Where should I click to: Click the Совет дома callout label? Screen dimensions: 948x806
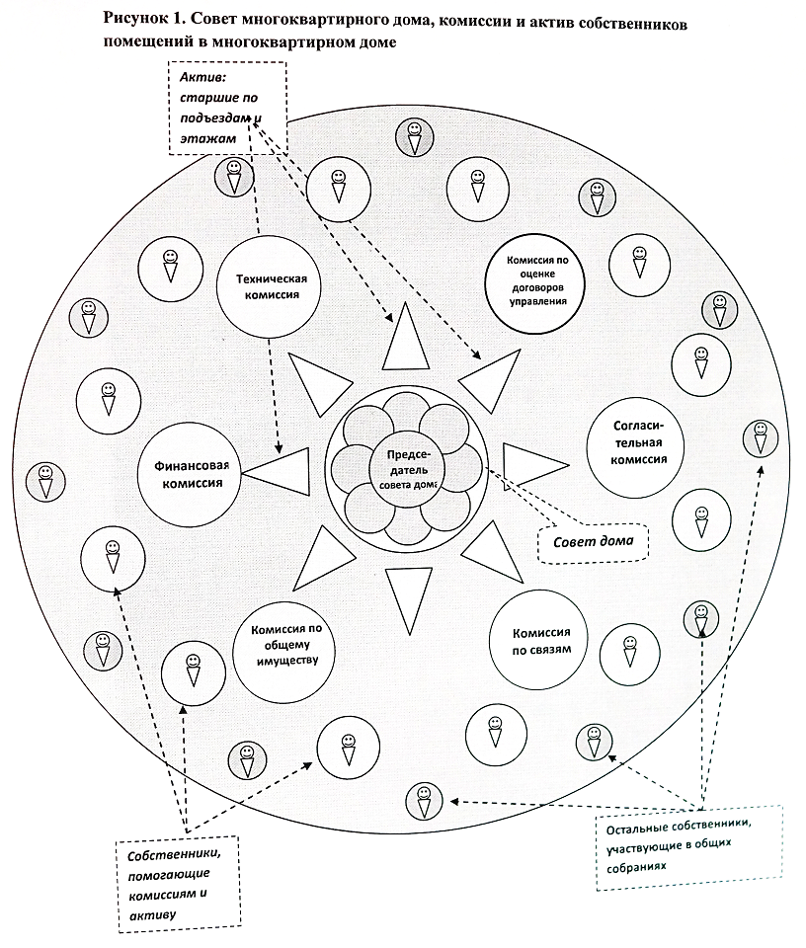(x=588, y=541)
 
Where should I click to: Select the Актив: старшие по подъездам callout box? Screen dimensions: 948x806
(x=227, y=108)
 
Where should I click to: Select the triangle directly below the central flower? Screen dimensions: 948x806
(x=408, y=598)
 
